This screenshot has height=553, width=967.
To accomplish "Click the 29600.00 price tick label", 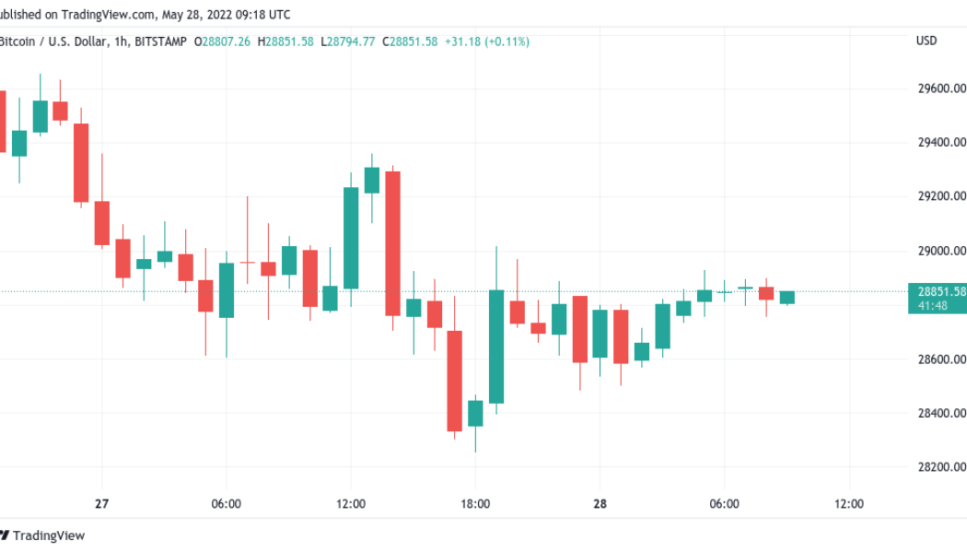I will click(941, 88).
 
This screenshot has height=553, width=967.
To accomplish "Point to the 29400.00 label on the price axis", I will click(941, 143).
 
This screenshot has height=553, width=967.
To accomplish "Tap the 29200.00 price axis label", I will click(941, 196).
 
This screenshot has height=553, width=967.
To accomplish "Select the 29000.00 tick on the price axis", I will click(941, 251).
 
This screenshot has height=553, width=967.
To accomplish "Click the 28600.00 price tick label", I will click(941, 359).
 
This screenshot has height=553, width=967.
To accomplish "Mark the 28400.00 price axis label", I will click(941, 413).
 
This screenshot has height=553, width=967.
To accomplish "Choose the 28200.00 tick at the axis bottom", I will click(941, 467).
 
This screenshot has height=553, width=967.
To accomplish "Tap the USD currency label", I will click(926, 41).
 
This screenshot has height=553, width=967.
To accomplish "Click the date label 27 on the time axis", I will click(101, 504).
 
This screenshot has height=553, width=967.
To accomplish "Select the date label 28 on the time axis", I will click(600, 504).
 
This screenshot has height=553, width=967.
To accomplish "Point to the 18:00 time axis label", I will click(474, 504).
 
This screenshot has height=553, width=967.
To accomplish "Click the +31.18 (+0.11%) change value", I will click(486, 41).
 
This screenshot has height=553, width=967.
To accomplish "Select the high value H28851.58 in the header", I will click(285, 41).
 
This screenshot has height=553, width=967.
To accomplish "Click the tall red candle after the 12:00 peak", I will click(392, 243).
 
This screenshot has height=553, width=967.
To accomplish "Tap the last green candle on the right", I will click(786, 297).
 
